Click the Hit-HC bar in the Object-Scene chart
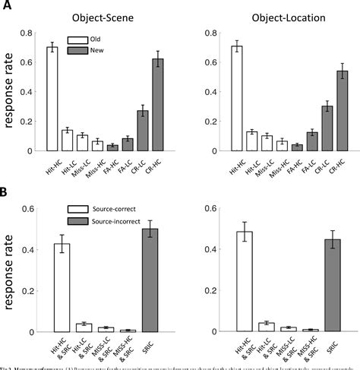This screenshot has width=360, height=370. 52,99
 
